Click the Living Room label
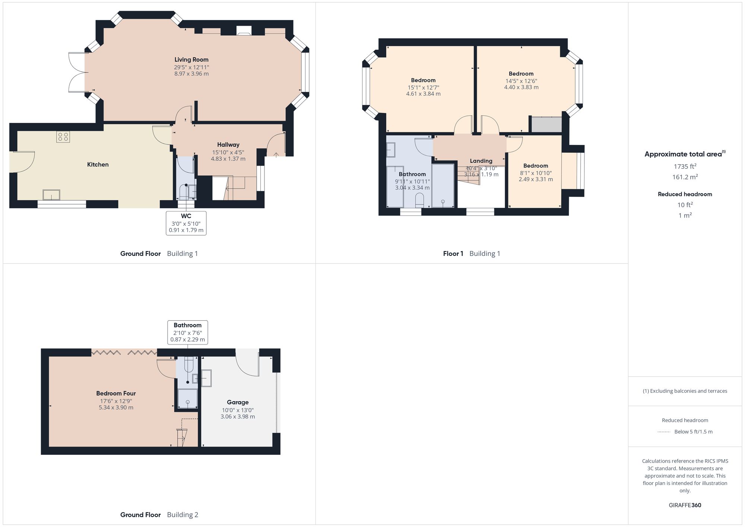pyautogui.click(x=191, y=60)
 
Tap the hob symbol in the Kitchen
pyautogui.click(x=63, y=137)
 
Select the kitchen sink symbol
pyautogui.click(x=51, y=194)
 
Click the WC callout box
pyautogui.click(x=186, y=223)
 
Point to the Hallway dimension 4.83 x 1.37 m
pyautogui.click(x=228, y=159)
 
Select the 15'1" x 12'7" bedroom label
pyautogui.click(x=423, y=80)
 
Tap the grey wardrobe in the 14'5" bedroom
pyautogui.click(x=546, y=125)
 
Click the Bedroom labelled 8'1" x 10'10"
pyautogui.click(x=536, y=166)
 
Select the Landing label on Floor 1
pyautogui.click(x=481, y=161)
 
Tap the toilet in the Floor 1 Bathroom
pyautogui.click(x=419, y=200)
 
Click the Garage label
pyautogui.click(x=238, y=402)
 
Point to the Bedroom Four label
pyautogui.click(x=116, y=393)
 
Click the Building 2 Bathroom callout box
pyautogui.click(x=187, y=332)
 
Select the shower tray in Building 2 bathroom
pyautogui.click(x=187, y=399)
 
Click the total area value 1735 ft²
pyautogui.click(x=685, y=166)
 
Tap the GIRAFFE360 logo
pyautogui.click(x=685, y=505)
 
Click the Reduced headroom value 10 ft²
pyautogui.click(x=685, y=205)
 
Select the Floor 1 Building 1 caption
pyautogui.click(x=471, y=254)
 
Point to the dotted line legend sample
pyautogui.click(x=664, y=432)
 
